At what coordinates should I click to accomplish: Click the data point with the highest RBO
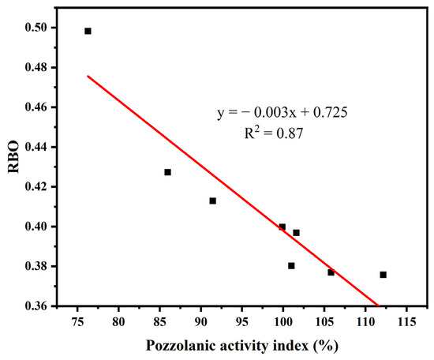click(88, 31)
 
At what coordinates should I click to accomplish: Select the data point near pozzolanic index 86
click(167, 172)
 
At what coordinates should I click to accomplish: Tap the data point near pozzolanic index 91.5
click(213, 201)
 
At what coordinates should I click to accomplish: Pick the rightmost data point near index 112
click(383, 275)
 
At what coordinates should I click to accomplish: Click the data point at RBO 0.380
click(291, 266)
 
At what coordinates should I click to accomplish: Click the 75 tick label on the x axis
click(77, 322)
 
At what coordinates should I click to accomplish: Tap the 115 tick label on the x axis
click(406, 322)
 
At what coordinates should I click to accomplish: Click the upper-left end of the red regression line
click(88, 76)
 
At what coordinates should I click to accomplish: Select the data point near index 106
click(331, 272)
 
